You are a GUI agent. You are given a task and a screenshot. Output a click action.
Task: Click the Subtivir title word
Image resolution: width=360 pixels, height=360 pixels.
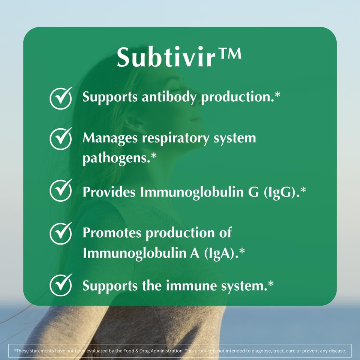[x=167, y=57]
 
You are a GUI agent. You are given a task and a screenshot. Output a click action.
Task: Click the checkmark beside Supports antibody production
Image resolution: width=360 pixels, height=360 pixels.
[x=61, y=98]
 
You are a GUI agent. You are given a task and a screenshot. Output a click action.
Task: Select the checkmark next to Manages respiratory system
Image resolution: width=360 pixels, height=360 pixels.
[x=61, y=138]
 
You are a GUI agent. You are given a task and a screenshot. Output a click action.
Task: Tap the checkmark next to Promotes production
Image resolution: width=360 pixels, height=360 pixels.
[x=61, y=233]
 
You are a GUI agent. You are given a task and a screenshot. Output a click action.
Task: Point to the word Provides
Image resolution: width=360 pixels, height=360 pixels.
[x=109, y=192]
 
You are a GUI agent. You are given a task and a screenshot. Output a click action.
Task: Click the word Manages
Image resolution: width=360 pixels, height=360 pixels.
[x=110, y=138]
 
